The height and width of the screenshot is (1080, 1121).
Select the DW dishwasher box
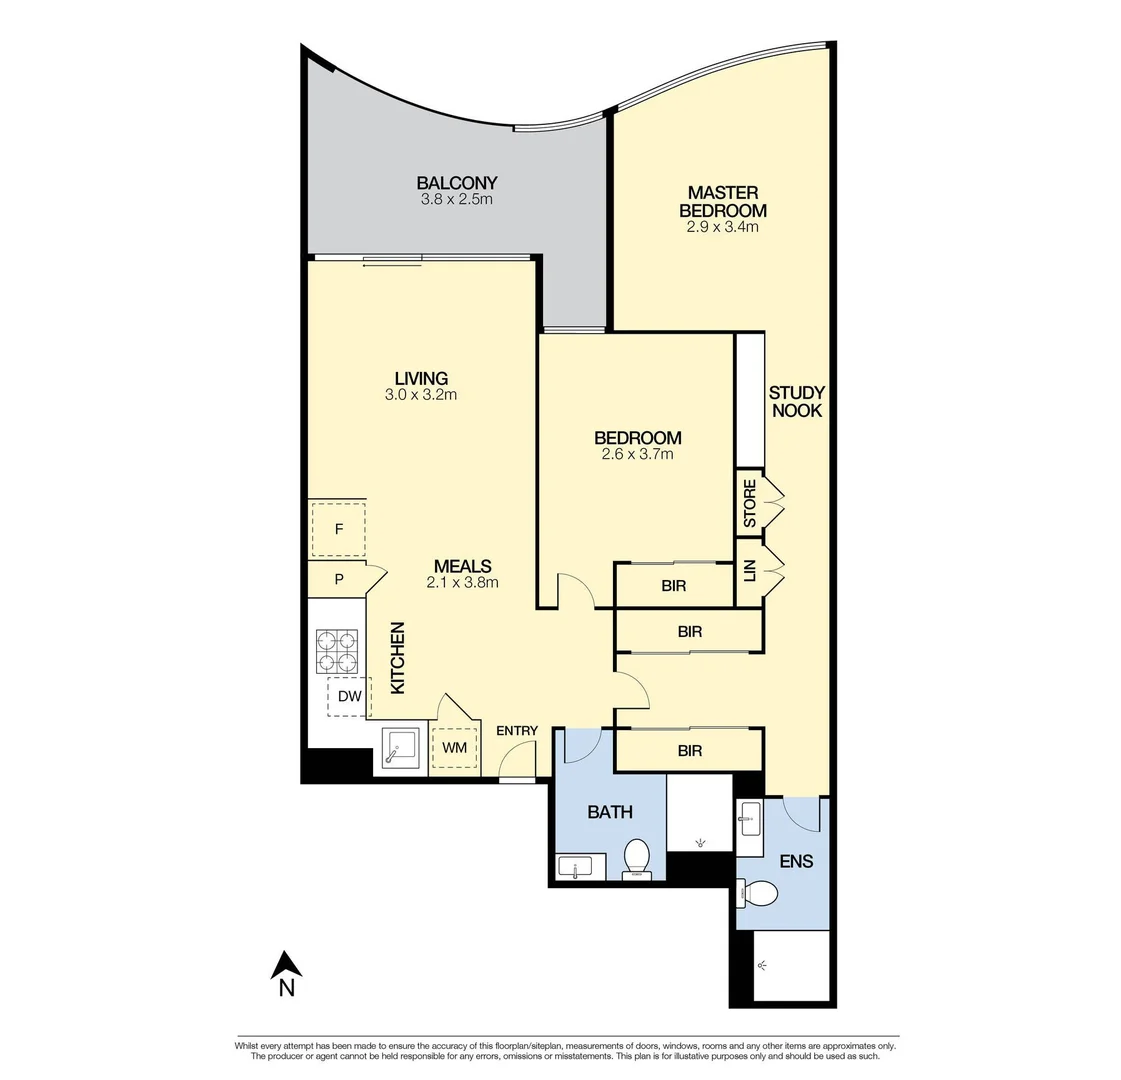point(349,697)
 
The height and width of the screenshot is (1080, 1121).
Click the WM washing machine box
point(454,748)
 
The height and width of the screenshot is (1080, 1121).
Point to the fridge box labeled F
point(338,530)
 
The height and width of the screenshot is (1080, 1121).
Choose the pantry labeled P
point(339,579)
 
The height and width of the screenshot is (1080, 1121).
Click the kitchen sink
point(402,749)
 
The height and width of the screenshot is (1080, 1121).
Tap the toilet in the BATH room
point(637,859)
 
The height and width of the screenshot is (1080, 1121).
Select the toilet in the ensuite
point(759,892)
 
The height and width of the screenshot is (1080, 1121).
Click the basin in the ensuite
point(750,818)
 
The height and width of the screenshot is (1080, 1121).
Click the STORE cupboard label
point(750,504)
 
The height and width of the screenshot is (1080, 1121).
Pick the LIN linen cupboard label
point(750,572)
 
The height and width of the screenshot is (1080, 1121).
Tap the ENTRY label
point(517,731)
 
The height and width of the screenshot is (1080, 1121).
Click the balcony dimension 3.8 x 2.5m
point(457,200)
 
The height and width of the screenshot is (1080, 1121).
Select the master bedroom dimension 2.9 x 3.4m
point(722,227)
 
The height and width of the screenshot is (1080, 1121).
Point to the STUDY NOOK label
point(796,401)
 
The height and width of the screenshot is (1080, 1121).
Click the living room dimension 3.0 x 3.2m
point(421,395)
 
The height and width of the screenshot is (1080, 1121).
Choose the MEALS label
point(462,566)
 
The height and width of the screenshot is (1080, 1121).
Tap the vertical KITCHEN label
point(397,658)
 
